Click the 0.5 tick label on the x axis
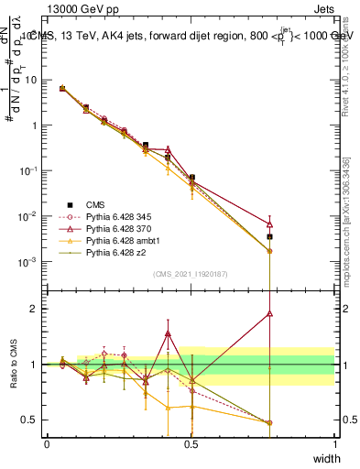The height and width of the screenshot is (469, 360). point(191,444)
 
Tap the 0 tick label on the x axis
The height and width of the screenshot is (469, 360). point(47,444)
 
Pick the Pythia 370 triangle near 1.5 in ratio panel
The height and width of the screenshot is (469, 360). point(168,334)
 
